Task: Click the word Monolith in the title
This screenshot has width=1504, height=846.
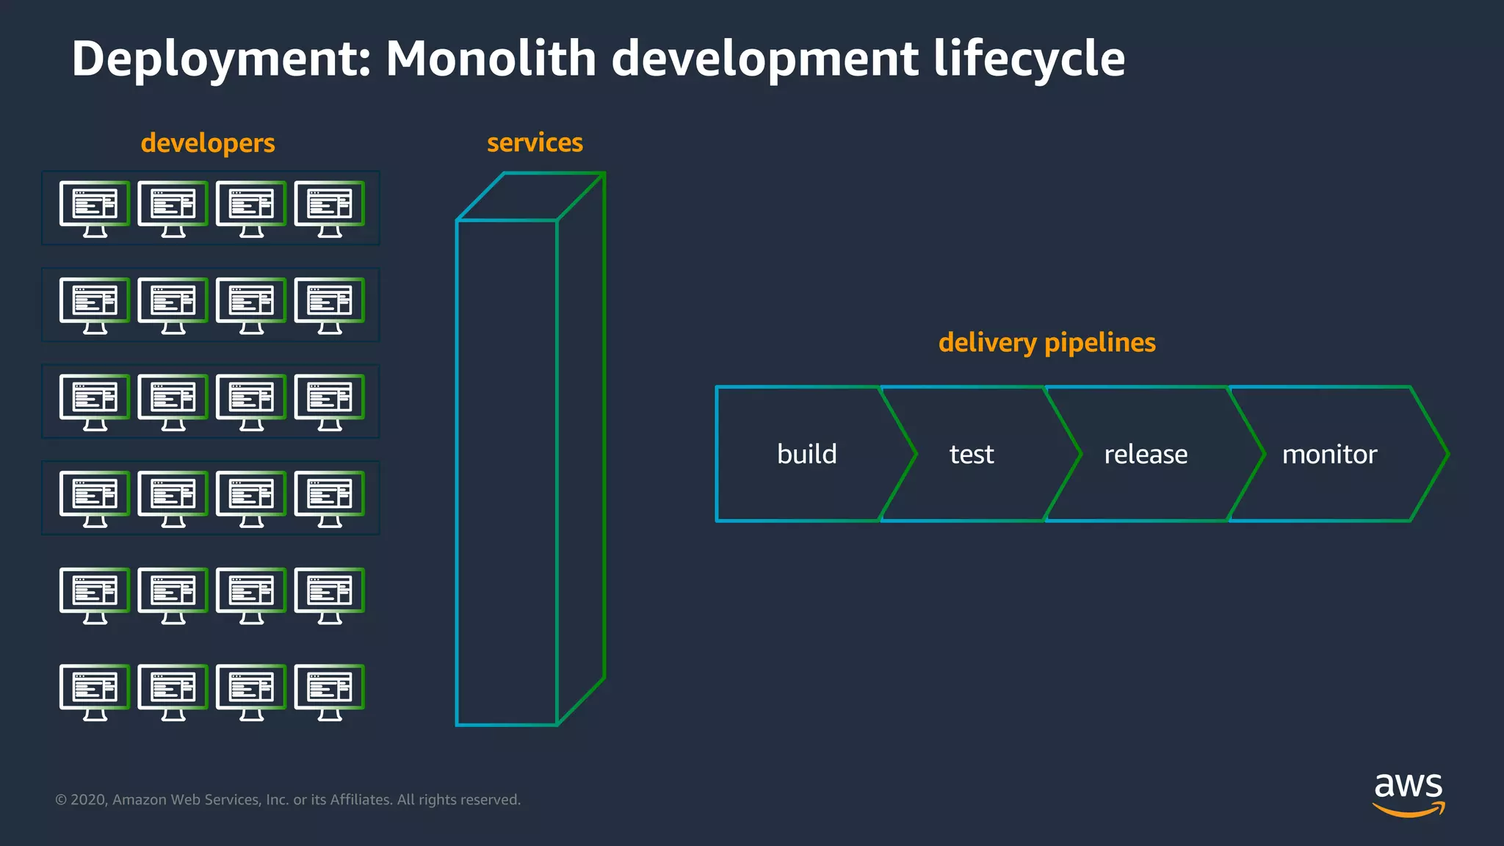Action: (x=491, y=59)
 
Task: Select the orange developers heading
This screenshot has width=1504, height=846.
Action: (x=208, y=143)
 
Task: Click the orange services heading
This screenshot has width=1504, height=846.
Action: (x=535, y=142)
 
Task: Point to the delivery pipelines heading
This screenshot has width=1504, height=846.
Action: (x=1046, y=343)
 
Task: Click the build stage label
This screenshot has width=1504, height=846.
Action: (x=806, y=454)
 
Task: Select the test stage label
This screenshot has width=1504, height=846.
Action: (x=971, y=455)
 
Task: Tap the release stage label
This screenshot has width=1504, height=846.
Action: (x=1146, y=455)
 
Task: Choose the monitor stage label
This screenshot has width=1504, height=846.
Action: (x=1329, y=455)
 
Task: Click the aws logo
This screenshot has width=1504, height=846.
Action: (x=1408, y=793)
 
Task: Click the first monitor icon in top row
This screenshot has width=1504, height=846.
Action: (x=95, y=209)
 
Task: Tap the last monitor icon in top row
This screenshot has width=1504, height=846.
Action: (x=330, y=209)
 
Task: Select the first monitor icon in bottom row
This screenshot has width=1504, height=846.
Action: (x=95, y=692)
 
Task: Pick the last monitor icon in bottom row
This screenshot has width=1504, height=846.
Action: (x=330, y=692)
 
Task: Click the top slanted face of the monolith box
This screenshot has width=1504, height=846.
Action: (x=530, y=197)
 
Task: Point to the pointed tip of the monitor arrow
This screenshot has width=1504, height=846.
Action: (x=1447, y=454)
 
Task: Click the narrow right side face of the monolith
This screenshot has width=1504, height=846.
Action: (x=581, y=448)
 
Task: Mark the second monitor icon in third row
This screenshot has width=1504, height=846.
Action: (x=173, y=402)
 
